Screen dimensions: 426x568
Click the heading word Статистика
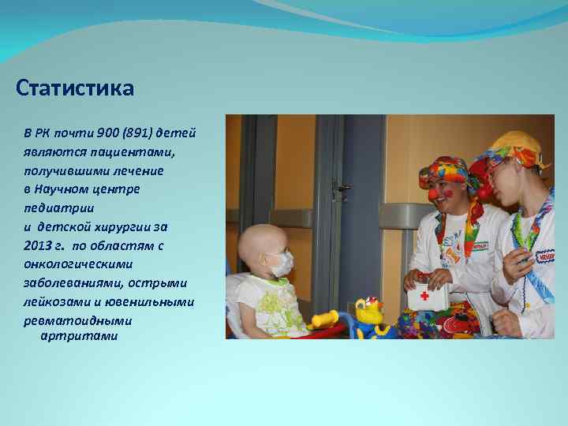click(x=75, y=87)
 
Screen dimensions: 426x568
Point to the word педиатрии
click(x=58, y=207)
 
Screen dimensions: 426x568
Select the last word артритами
click(x=78, y=336)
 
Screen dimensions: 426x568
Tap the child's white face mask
click(x=280, y=264)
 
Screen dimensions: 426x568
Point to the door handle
click(x=343, y=188)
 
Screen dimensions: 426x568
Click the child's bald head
click(x=264, y=237)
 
